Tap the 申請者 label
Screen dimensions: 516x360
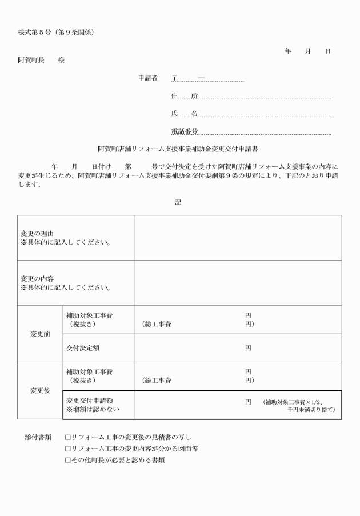coord(147,78)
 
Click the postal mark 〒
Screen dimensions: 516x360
coord(175,78)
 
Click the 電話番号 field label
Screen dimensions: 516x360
coord(184,131)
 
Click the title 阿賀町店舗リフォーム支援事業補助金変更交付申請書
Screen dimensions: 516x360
coord(178,149)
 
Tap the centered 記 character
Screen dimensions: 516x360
coord(178,202)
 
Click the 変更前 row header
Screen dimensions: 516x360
coord(40,334)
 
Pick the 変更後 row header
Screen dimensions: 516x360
coord(40,391)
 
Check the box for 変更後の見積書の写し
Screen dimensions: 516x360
coord(68,437)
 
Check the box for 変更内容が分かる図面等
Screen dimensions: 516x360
coord(68,449)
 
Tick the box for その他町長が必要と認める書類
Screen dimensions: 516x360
coord(68,460)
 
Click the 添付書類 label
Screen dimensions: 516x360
coord(38,437)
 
